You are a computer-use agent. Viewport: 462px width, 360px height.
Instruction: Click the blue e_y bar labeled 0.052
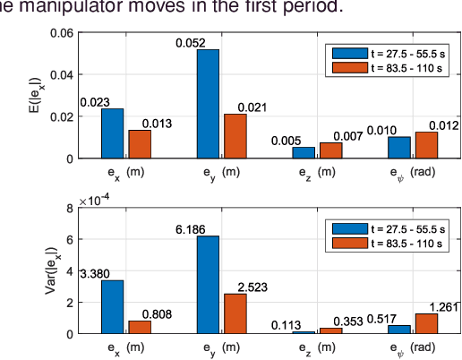(208, 104)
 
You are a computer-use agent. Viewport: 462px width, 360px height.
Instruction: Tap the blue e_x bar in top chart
(112, 133)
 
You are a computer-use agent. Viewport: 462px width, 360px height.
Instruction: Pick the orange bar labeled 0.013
(140, 144)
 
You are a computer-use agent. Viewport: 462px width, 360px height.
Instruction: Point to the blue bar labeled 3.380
(112, 306)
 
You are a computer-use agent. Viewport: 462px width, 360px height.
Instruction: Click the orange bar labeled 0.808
(140, 326)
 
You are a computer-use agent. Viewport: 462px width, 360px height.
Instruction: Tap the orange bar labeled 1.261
(427, 323)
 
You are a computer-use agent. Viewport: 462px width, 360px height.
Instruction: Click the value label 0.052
(191, 42)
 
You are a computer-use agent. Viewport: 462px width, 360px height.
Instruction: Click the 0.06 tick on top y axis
(62, 33)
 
